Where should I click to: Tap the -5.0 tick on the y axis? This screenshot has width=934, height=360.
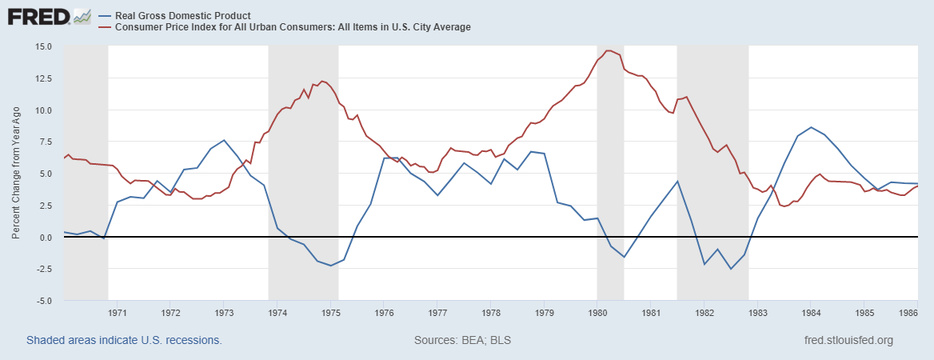pos(45,301)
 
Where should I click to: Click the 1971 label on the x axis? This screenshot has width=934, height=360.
pos(118,313)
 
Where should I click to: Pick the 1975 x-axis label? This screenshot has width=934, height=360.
pos(331,313)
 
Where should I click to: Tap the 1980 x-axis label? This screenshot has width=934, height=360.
pos(597,313)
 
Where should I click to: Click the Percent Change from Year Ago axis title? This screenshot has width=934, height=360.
pos(17,174)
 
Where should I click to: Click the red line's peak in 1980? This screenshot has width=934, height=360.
pos(609,50)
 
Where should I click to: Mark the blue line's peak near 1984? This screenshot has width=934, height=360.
pos(811,127)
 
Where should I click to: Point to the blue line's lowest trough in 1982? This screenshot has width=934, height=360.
pos(730,269)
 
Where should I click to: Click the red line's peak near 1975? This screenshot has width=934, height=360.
pos(321,81)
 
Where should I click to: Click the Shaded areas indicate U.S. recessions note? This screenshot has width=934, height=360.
pos(124,340)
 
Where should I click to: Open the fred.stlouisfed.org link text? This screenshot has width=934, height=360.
pos(848,340)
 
